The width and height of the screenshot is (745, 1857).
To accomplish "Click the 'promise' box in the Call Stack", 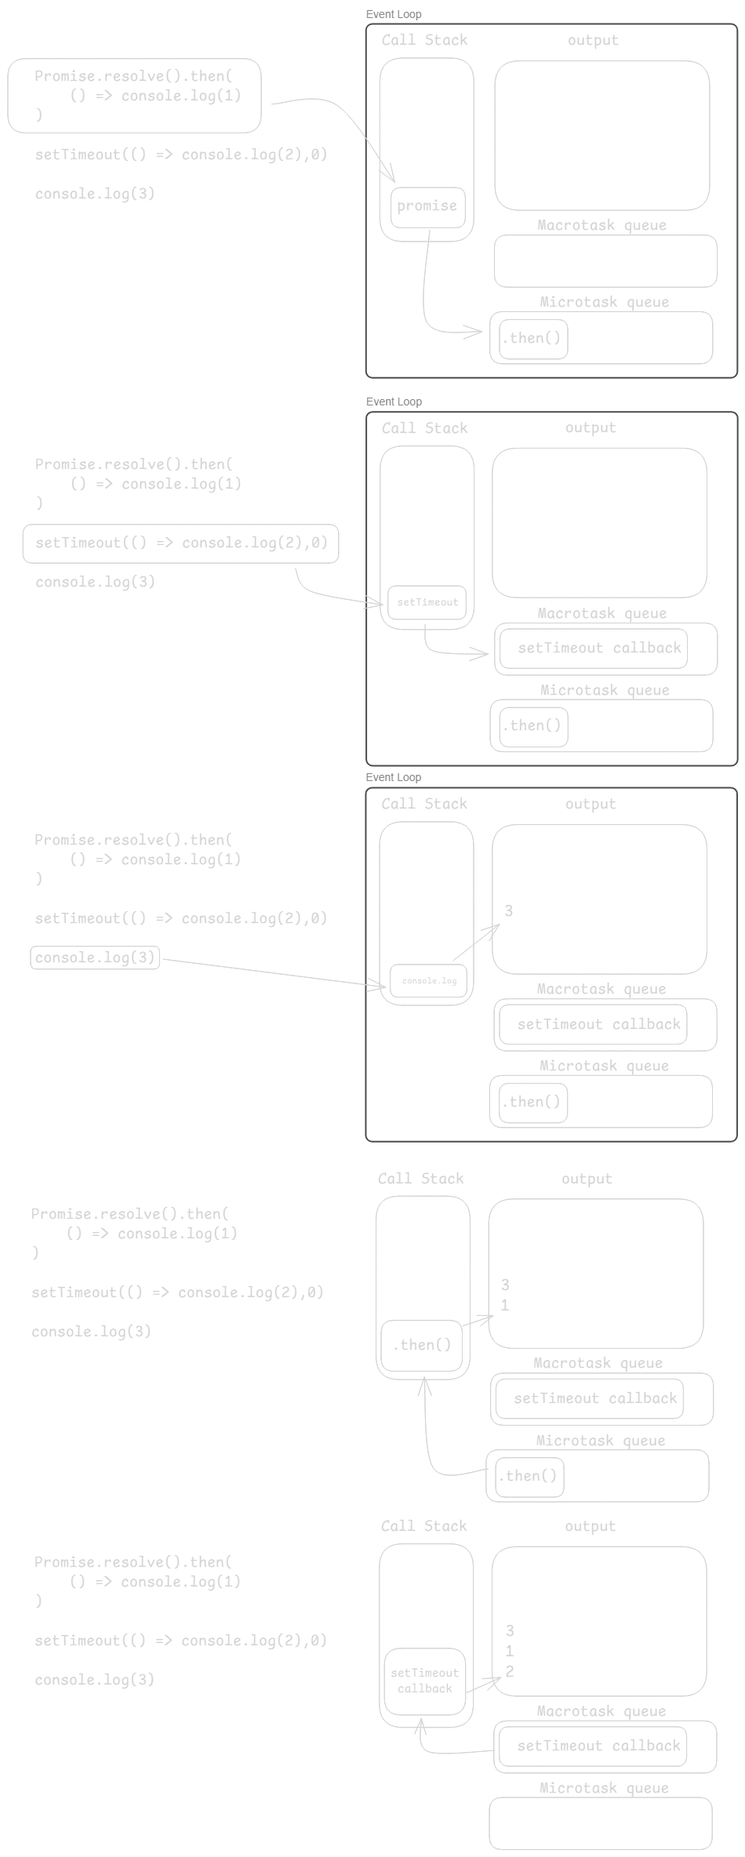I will click(x=427, y=207).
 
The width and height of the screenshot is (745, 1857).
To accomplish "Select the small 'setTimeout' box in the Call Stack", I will click(x=427, y=603).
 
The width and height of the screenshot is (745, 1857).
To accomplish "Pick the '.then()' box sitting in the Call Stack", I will click(x=422, y=1346).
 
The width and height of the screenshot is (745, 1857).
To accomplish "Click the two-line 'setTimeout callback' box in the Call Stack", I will click(x=424, y=1681).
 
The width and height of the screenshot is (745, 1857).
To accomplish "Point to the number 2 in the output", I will click(x=510, y=1672).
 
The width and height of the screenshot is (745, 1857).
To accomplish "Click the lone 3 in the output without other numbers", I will click(x=509, y=911).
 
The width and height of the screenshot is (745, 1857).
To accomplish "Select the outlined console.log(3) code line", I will click(x=95, y=958).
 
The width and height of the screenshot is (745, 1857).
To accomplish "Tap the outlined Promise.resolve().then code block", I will click(x=134, y=96).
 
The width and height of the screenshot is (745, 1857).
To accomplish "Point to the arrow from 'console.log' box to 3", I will click(x=475, y=943).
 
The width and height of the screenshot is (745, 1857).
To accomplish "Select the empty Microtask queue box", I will click(x=601, y=1823).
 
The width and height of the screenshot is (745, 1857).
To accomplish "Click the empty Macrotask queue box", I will click(x=605, y=261).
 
